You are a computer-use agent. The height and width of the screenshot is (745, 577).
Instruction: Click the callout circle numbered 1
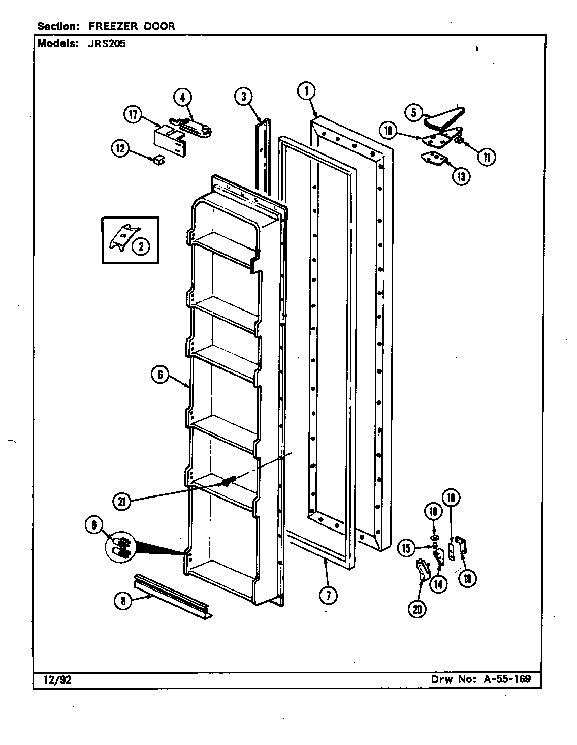pyautogui.click(x=306, y=91)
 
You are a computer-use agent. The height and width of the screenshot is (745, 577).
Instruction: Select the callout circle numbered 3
pyautogui.click(x=244, y=96)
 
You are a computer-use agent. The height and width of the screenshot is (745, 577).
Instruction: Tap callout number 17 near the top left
pyautogui.click(x=133, y=115)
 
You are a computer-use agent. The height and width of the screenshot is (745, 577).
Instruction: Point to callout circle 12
pyautogui.click(x=120, y=148)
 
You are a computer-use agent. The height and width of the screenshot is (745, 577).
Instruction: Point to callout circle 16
pyautogui.click(x=433, y=512)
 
